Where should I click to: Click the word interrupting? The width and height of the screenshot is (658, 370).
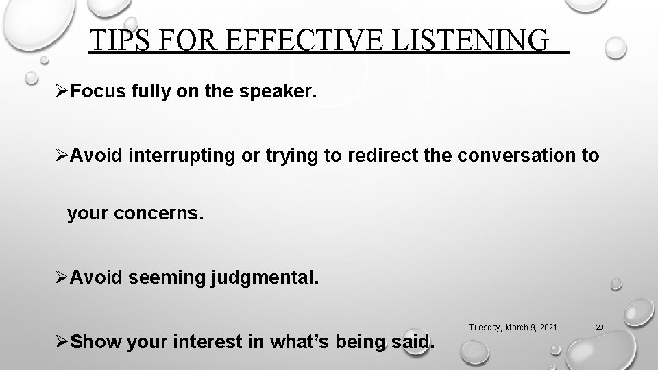175,156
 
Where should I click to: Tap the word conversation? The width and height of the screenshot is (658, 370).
510,156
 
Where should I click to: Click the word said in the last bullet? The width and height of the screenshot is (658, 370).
414,341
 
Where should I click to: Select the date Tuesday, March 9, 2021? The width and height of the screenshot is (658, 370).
513,328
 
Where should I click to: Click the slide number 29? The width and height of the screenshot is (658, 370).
599,328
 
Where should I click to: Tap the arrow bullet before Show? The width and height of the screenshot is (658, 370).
62,341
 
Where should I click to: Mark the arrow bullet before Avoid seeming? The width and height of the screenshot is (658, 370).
62,277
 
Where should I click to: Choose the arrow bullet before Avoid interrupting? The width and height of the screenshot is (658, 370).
62,156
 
